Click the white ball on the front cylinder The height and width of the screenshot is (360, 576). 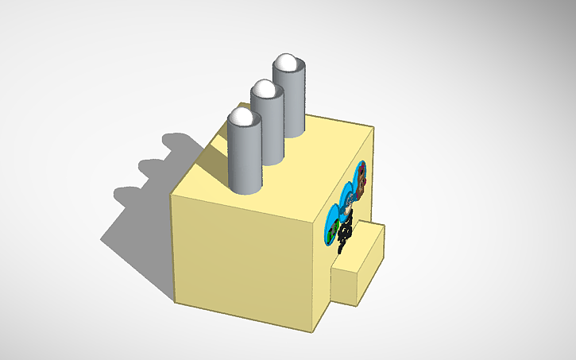(x=244, y=118)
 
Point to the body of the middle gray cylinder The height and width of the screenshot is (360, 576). (x=269, y=127)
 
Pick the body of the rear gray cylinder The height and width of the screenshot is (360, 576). (x=291, y=99)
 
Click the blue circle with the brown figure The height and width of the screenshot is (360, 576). (x=361, y=180)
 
